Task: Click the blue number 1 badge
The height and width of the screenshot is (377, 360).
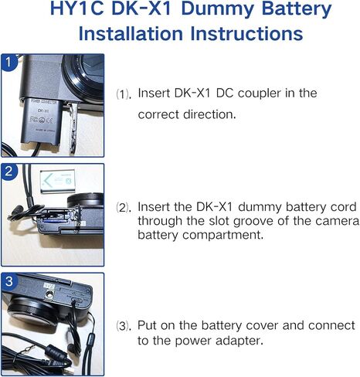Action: point(9,63)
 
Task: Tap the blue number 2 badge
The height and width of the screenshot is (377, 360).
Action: point(9,172)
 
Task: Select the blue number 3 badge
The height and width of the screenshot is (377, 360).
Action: point(9,282)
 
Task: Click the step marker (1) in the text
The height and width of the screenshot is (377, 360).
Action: point(124,93)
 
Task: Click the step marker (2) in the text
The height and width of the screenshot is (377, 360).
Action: point(124,208)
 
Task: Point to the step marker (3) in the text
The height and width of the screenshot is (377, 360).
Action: point(124,325)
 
